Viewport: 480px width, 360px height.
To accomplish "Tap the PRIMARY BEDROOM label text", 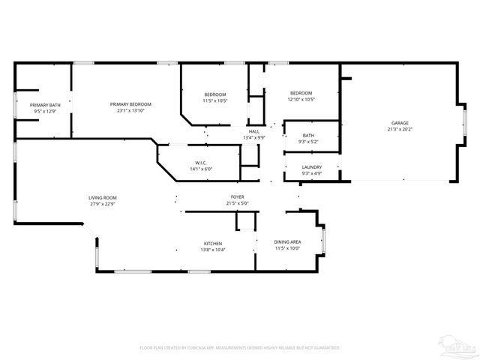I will [130, 104].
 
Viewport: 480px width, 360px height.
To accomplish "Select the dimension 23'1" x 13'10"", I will [130, 111].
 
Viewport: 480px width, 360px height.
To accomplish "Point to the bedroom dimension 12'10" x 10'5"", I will [301, 99].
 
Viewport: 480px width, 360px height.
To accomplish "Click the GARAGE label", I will [400, 122].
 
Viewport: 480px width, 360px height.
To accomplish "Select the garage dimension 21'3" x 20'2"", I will [400, 129].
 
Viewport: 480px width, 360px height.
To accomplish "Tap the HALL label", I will [254, 131].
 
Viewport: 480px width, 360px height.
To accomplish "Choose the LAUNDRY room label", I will [311, 167].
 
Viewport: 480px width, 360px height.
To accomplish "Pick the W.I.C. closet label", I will [201, 163].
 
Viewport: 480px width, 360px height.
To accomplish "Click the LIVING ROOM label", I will [103, 197].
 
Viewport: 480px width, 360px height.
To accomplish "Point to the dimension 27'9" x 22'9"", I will [103, 204].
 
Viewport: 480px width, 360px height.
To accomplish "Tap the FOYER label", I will [238, 197].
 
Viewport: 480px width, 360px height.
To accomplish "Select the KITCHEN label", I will [213, 243].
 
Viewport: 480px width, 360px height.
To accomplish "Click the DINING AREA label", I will [288, 241].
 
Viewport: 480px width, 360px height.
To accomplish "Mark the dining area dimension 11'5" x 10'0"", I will [288, 248].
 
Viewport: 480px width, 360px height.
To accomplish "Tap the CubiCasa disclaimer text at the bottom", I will [240, 348].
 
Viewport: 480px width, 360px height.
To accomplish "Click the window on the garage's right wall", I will [464, 122].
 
